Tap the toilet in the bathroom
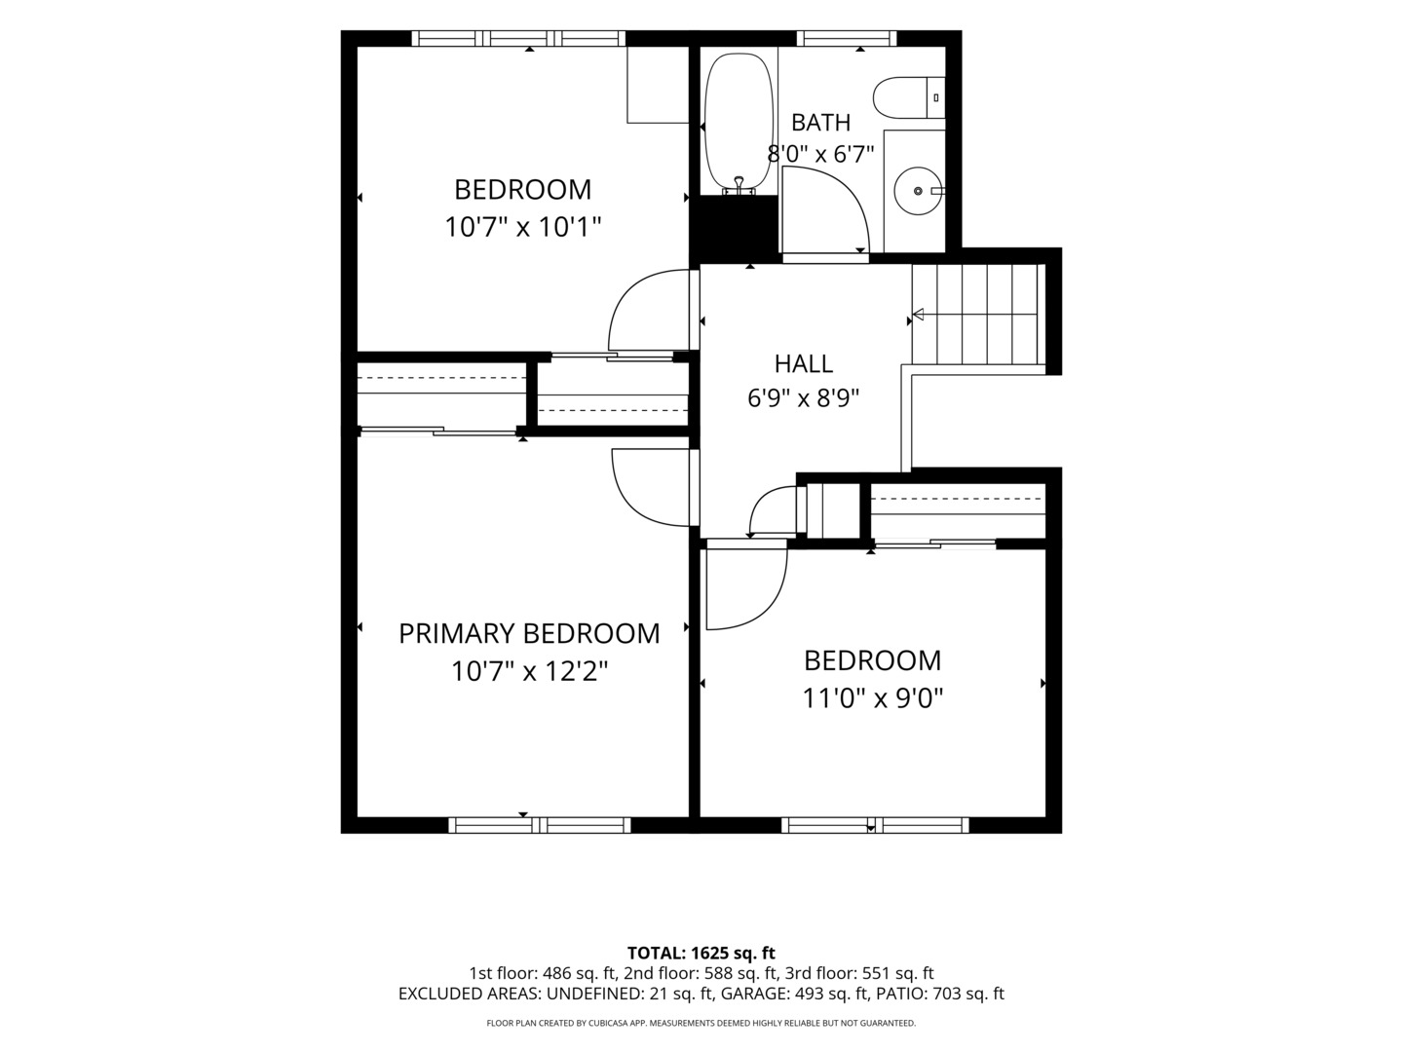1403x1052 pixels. click(x=908, y=97)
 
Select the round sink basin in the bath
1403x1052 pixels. click(x=919, y=191)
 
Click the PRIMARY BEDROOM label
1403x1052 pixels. click(x=529, y=633)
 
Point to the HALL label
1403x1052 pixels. click(x=804, y=363)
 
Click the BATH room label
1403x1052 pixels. click(x=820, y=122)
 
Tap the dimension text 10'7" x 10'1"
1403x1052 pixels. click(x=523, y=227)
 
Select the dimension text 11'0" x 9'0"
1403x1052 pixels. click(x=872, y=698)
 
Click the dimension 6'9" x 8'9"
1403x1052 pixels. click(x=804, y=398)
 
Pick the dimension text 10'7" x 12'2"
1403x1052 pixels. click(x=529, y=671)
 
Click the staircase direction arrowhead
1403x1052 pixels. click(x=918, y=315)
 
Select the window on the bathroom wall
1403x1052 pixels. click(x=851, y=38)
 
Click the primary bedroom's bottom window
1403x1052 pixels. click(x=540, y=825)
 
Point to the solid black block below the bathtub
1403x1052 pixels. click(x=735, y=228)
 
